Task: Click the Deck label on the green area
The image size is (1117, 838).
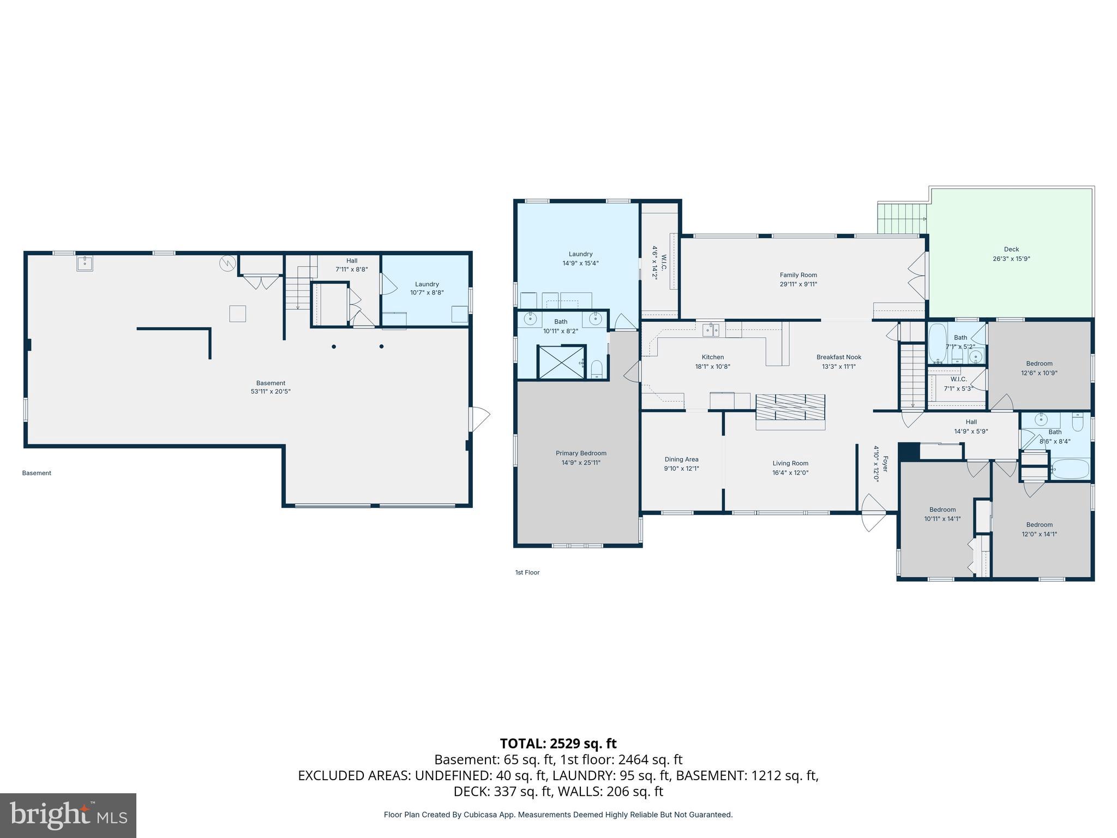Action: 1011,249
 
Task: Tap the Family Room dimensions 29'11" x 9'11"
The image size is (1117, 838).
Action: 798,284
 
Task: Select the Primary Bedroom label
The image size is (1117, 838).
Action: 581,453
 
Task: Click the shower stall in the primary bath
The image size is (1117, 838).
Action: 561,361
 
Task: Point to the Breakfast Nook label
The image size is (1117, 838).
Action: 839,357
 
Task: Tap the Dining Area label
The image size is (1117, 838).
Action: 681,459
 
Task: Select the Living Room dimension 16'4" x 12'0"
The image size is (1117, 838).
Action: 790,473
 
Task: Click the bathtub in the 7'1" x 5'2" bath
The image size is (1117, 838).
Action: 938,344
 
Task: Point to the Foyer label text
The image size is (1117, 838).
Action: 885,464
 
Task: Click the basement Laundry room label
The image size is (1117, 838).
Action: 427,284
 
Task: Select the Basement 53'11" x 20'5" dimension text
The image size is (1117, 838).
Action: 271,392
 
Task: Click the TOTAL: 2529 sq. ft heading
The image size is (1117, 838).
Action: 558,744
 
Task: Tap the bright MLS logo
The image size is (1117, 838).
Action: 68,815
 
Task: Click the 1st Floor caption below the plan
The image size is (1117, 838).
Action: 527,572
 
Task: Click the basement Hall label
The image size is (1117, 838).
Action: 352,261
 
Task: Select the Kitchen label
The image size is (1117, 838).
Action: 712,357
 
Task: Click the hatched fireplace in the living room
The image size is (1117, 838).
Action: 790,407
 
